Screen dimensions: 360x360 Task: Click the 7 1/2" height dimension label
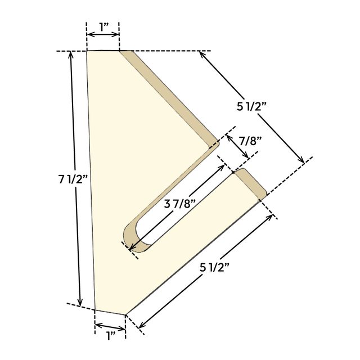(x=73, y=180)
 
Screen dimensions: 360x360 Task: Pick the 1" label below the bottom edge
(x=110, y=336)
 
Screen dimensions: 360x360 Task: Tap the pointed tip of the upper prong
(x=218, y=142)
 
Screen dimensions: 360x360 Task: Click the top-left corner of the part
(x=87, y=51)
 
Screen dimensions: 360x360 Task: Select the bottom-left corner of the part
(x=94, y=309)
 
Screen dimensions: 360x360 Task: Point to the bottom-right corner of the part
(x=125, y=314)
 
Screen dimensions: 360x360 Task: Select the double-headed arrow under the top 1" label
(x=102, y=35)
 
